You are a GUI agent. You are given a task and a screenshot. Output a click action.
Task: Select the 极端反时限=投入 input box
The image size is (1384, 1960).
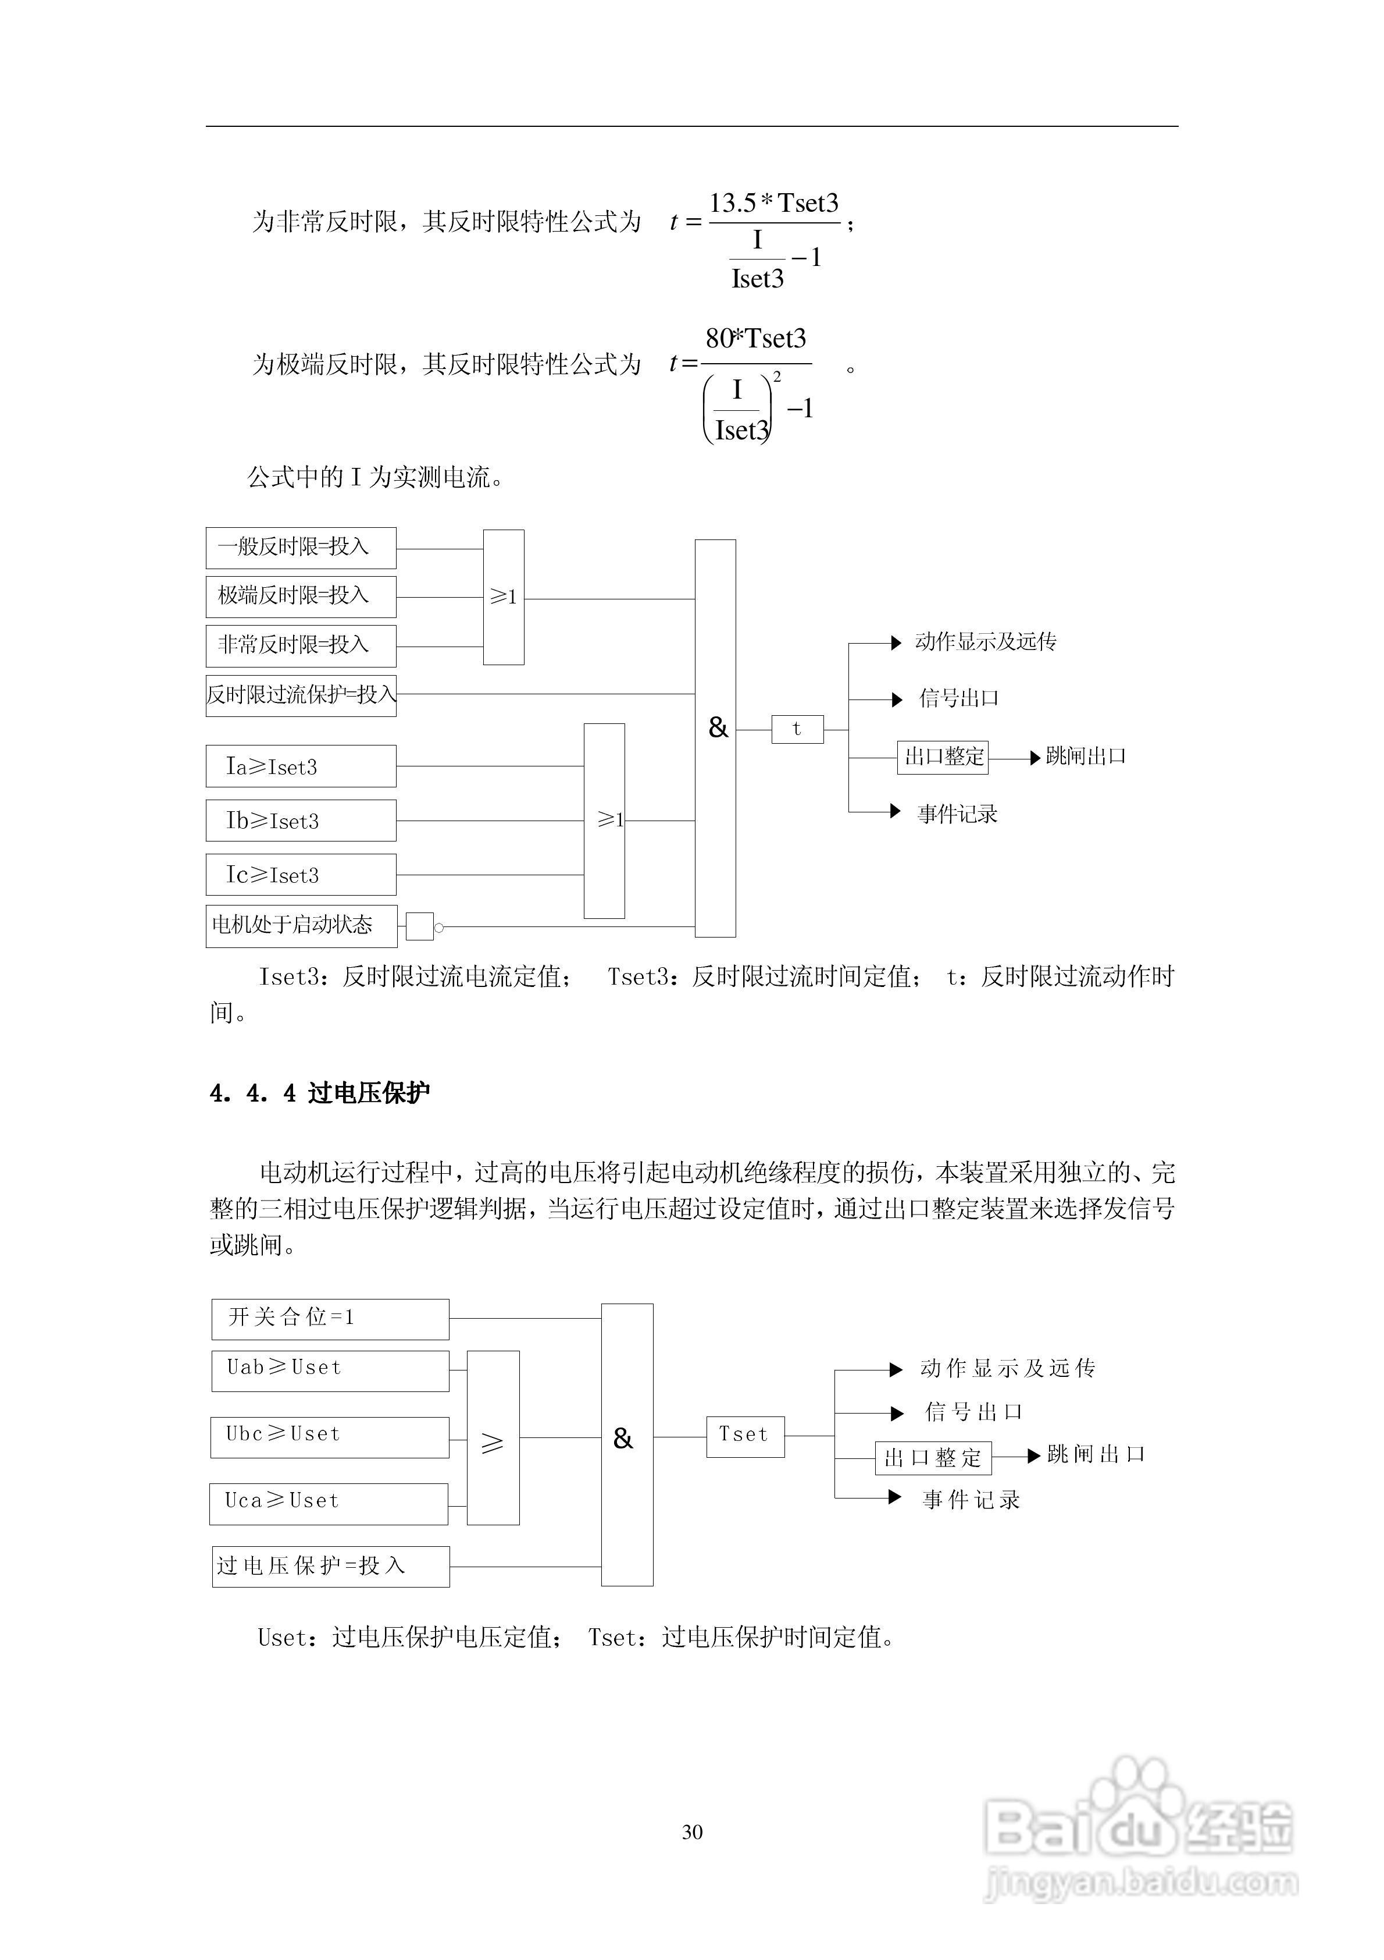coord(300,596)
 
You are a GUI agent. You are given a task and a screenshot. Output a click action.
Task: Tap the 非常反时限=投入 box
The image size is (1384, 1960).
coord(300,646)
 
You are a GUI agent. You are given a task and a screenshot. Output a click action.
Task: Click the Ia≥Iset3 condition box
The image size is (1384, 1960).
coord(300,766)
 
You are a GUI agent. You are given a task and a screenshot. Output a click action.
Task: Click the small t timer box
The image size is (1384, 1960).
coord(797,730)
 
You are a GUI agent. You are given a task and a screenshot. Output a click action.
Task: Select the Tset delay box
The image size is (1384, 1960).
coord(745,1437)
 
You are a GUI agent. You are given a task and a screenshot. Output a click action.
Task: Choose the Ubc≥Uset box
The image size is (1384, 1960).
coord(329,1437)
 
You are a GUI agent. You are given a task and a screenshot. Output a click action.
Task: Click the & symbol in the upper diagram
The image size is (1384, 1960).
coord(718,727)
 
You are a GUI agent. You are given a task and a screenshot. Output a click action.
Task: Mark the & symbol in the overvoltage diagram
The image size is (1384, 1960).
coord(623,1439)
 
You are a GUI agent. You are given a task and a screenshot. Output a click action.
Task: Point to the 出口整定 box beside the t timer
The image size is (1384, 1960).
coord(943,757)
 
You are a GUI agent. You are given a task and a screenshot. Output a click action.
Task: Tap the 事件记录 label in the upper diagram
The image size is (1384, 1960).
coord(957,814)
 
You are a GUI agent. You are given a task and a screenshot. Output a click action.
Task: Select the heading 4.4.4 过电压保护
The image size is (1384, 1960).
coord(320,1093)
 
